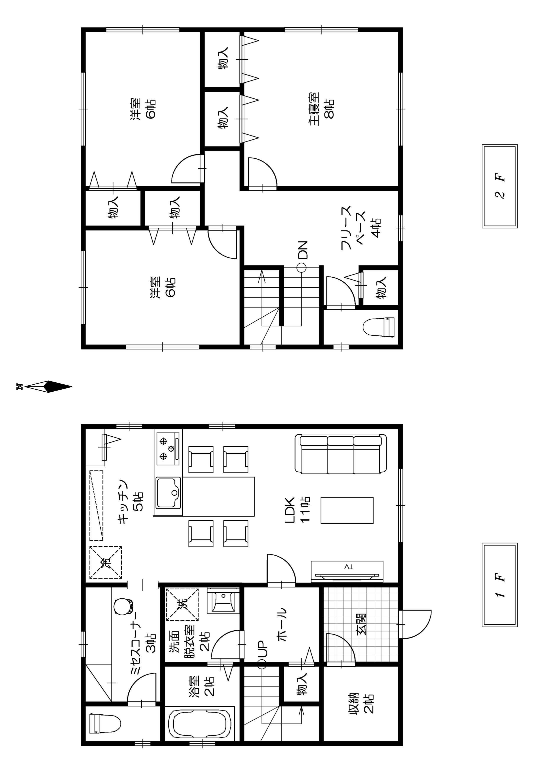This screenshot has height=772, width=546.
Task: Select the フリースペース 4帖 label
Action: tap(361, 228)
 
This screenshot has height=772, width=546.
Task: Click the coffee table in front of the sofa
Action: tap(347, 510)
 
